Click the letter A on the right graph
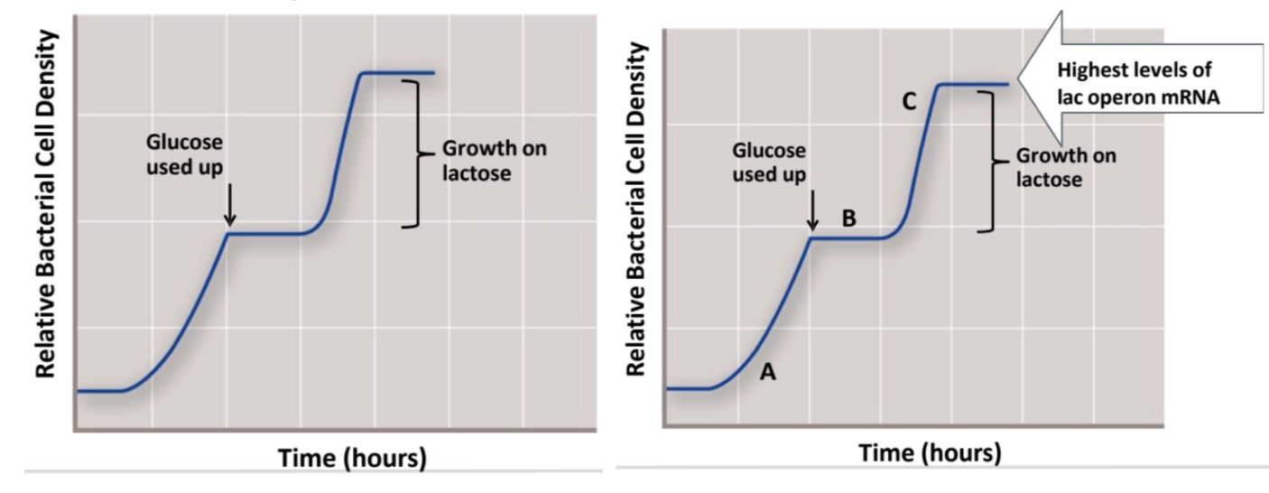767,371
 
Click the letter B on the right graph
848,218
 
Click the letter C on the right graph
910,104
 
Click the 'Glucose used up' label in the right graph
769,163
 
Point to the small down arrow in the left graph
229,207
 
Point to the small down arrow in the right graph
813,210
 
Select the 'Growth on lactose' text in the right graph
1066,167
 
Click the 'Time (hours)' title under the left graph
351,458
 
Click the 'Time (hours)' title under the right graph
930,451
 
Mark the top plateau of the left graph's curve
397,73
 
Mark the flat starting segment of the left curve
99,391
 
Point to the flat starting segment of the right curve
686,388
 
